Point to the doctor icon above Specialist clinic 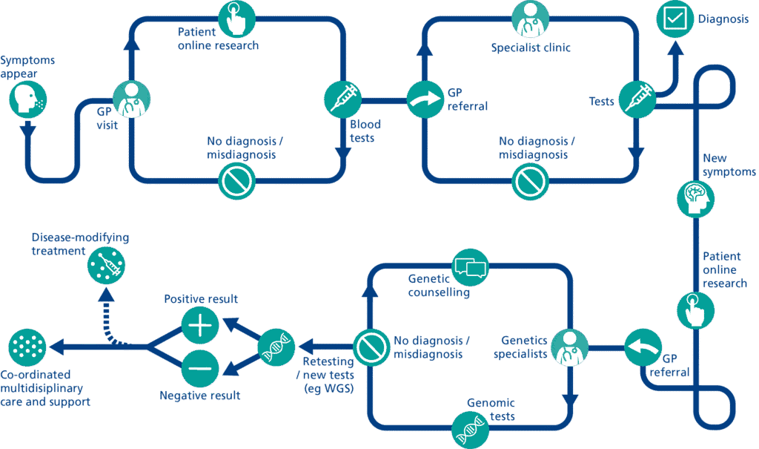[531, 19]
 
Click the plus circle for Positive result [200, 325]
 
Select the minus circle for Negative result [200, 367]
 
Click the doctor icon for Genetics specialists [569, 347]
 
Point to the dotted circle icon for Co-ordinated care [27, 347]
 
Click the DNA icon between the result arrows [276, 347]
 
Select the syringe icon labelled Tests [637, 98]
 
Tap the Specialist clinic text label [530, 48]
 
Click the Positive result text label [201, 299]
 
